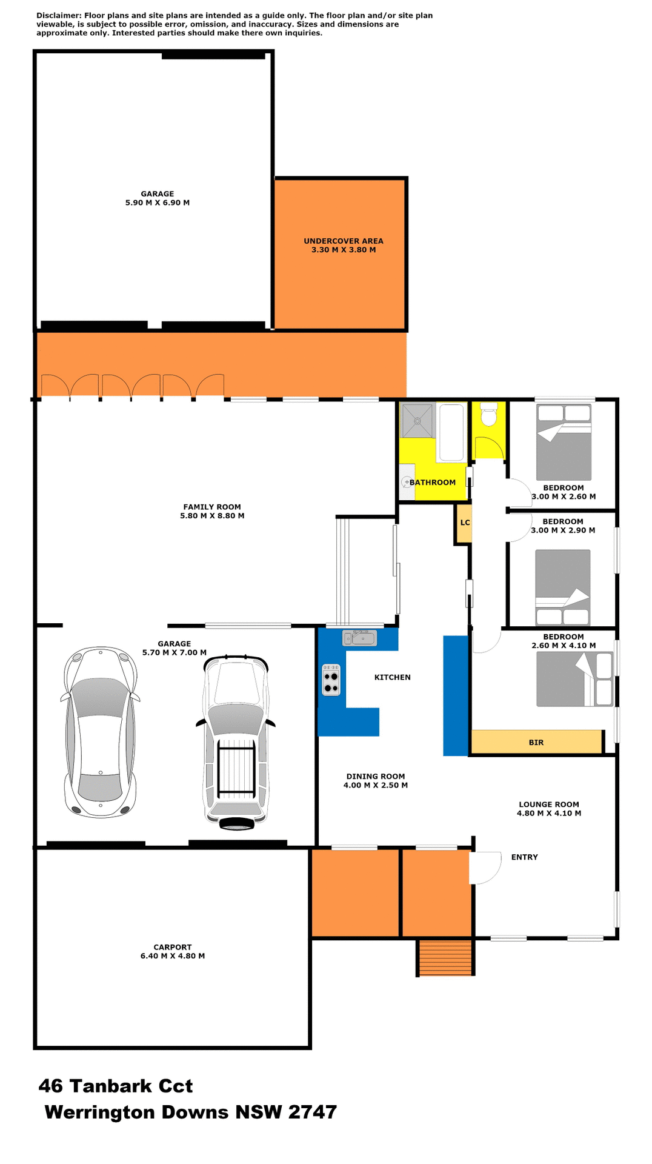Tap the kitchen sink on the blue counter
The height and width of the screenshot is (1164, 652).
click(x=359, y=638)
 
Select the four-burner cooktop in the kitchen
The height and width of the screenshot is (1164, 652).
click(x=331, y=680)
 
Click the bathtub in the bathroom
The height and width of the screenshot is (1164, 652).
click(x=451, y=432)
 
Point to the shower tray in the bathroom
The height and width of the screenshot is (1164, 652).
click(x=417, y=421)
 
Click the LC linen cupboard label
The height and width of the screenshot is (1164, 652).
click(x=465, y=523)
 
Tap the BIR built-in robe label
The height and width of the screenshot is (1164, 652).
click(x=536, y=743)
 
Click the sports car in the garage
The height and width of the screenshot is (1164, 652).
click(x=100, y=732)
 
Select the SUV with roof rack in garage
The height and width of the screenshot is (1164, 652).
click(x=236, y=741)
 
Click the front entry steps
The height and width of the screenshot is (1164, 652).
click(x=445, y=957)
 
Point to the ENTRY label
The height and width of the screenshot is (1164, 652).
click(x=524, y=857)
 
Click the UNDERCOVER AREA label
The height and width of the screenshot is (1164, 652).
click(x=344, y=241)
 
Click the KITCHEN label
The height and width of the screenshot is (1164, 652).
click(x=393, y=677)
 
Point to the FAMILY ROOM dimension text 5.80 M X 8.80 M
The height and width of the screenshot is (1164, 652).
click(x=212, y=516)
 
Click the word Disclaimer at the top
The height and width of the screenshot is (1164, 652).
click(x=58, y=16)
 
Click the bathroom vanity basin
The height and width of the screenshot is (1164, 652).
click(x=407, y=482)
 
